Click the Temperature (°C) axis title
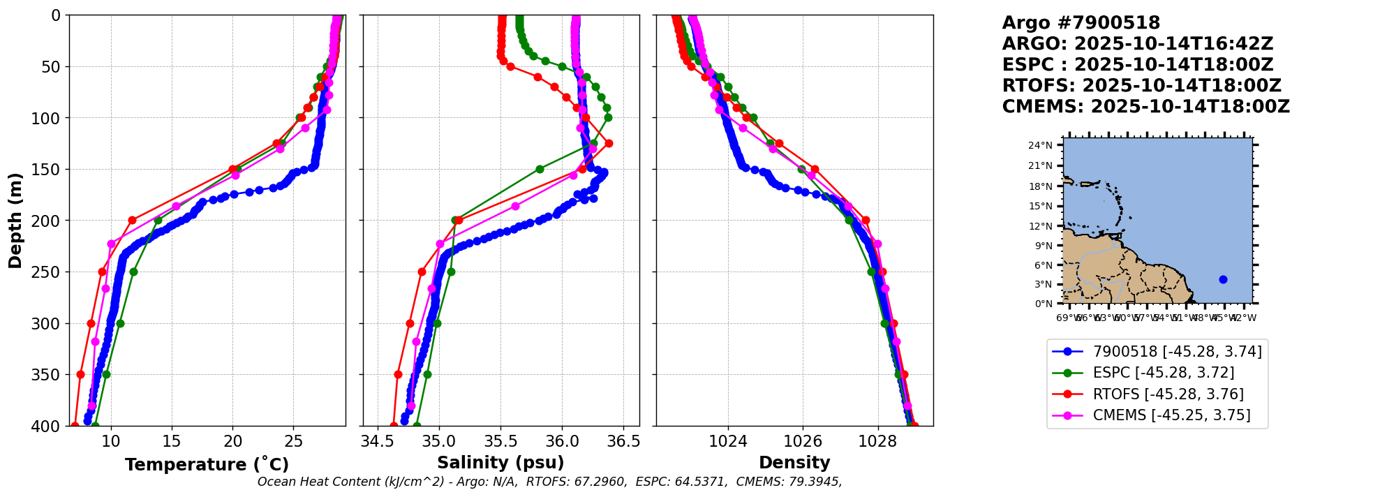click(207, 465)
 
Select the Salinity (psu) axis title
click(500, 463)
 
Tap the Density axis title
click(794, 463)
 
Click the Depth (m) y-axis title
click(15, 221)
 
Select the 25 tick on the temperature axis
click(294, 441)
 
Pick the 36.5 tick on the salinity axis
click(623, 441)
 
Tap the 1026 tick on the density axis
click(803, 441)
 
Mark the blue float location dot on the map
click(1223, 279)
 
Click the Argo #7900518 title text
click(1081, 23)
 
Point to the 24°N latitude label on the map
click(1040, 146)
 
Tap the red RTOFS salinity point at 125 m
click(609, 143)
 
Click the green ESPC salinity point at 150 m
click(540, 169)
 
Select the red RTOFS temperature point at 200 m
click(132, 221)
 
